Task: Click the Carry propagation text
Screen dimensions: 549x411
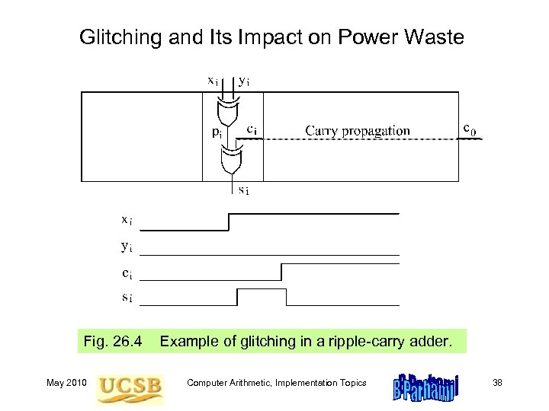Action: coord(358,130)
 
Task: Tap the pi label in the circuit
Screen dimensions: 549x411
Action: coord(217,131)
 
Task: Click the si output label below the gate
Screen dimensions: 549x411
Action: coord(242,190)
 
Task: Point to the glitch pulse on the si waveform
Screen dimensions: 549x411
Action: coord(262,292)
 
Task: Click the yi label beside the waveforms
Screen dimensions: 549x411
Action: coord(127,245)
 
